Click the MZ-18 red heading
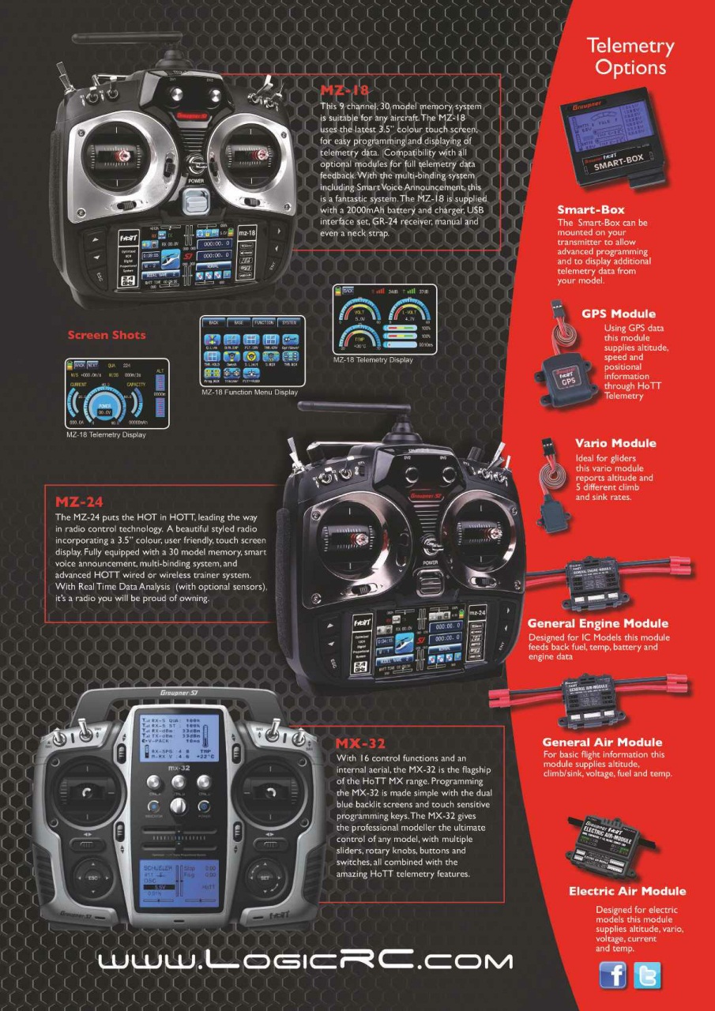(344, 89)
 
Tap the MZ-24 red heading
(79, 501)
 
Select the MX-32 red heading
(361, 743)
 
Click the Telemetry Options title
(630, 57)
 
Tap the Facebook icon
(613, 975)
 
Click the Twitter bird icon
(648, 975)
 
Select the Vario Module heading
(615, 443)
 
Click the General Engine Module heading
(597, 623)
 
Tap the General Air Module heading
(602, 742)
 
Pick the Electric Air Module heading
(627, 891)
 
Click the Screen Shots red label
(107, 335)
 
